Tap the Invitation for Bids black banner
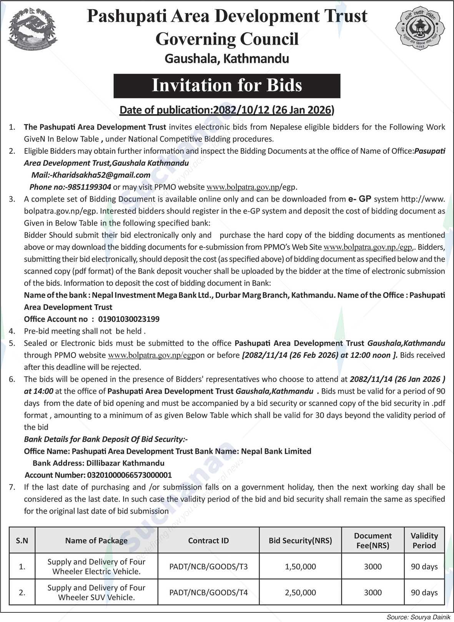(227, 86)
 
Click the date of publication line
(227, 110)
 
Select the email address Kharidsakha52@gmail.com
(101, 175)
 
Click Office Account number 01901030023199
(129, 319)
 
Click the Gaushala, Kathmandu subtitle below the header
(227, 59)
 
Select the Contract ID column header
(208, 541)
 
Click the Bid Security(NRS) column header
(300, 541)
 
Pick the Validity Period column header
(424, 541)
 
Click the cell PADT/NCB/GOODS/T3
(208, 567)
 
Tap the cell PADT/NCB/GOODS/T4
(208, 592)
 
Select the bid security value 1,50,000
(300, 567)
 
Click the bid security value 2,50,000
(300, 592)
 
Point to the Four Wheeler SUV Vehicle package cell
(96, 592)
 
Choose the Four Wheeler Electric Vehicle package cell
(96, 567)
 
